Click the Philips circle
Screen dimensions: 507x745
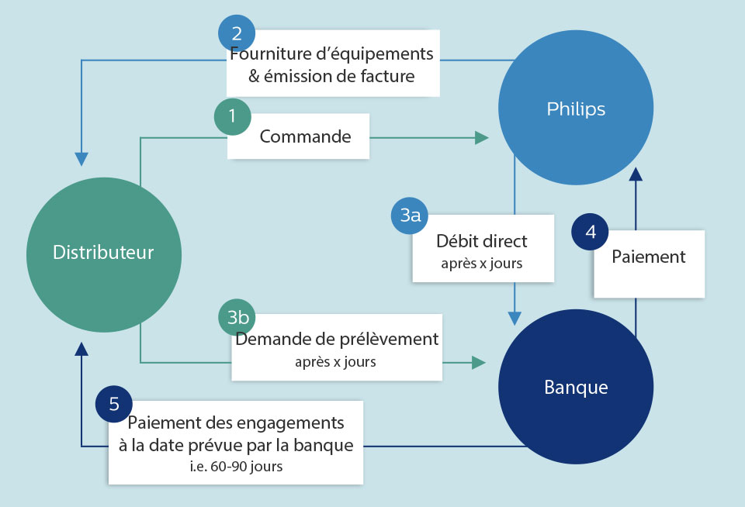575,108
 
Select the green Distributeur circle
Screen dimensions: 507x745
103,253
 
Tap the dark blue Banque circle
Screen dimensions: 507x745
575,387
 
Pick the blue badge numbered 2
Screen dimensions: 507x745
237,33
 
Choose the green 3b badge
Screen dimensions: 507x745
237,319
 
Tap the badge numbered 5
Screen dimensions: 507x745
114,404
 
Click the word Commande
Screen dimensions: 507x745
305,137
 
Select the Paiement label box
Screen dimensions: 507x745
649,264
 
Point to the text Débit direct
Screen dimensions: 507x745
481,241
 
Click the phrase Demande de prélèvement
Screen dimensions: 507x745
337,340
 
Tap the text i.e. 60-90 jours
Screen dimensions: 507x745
235,467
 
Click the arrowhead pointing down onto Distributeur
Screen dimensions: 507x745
81,159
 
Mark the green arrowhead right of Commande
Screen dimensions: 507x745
481,137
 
